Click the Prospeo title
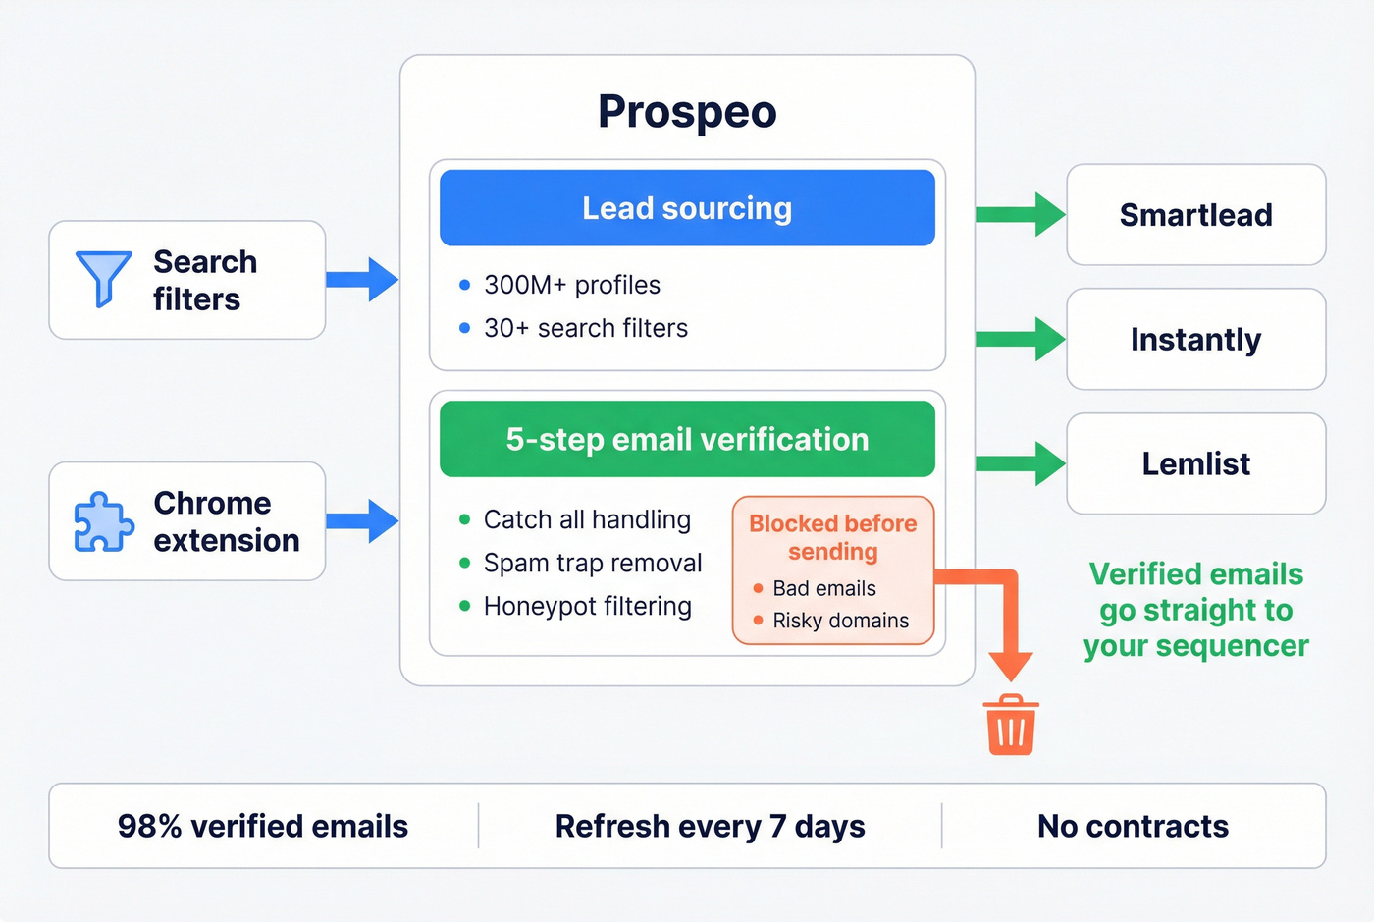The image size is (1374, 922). (687, 112)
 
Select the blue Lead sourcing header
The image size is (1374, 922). (687, 208)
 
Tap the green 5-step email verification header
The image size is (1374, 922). (687, 439)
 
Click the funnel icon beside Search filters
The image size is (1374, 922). (103, 278)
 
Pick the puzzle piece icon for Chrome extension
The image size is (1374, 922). (103, 521)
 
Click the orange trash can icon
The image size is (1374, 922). (1011, 726)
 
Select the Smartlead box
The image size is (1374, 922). (1195, 215)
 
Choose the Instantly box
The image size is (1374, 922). (1195, 340)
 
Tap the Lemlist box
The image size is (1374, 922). (1195, 463)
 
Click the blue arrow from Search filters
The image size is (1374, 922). (363, 280)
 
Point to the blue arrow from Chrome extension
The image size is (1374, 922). (363, 520)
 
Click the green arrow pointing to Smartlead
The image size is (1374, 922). (1021, 215)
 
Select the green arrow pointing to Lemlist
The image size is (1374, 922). (1021, 463)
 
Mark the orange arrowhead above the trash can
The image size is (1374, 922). (1011, 666)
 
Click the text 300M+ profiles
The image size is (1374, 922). (572, 285)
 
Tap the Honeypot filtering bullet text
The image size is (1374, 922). (587, 607)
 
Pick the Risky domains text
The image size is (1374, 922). (840, 621)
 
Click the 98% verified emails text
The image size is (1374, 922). (263, 827)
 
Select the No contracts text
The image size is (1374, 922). (1133, 827)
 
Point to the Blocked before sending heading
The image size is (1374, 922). (833, 537)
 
